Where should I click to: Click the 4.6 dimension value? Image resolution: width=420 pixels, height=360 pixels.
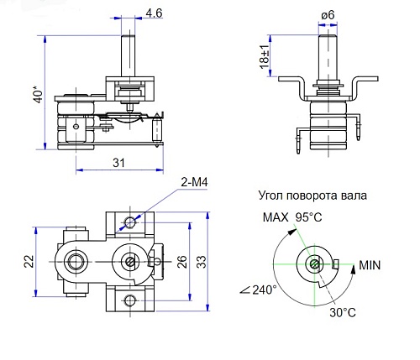(x=155, y=13)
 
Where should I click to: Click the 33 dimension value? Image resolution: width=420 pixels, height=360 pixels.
(x=202, y=262)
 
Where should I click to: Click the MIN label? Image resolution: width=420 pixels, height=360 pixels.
(x=372, y=265)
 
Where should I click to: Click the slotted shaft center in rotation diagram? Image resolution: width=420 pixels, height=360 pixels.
(x=312, y=264)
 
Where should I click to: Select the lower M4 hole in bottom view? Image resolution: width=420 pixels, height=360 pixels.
(x=129, y=300)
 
